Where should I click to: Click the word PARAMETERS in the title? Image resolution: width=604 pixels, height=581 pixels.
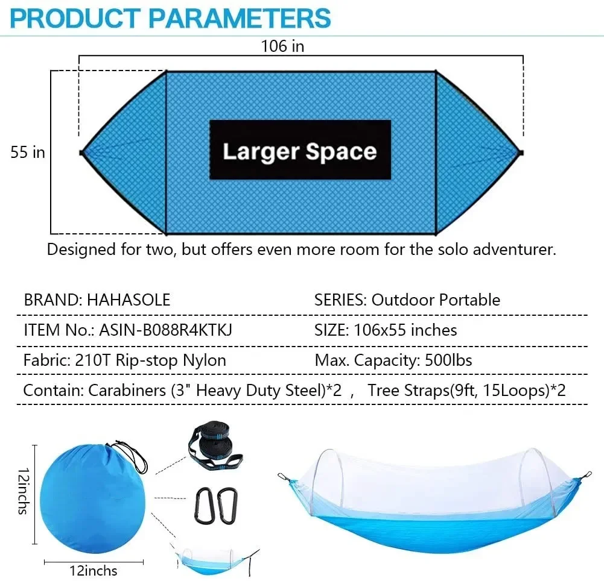[239, 17]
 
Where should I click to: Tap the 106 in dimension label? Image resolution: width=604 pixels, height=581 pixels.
[283, 46]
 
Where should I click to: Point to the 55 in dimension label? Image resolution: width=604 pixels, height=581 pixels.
[28, 152]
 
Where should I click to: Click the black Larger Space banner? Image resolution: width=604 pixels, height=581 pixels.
[300, 149]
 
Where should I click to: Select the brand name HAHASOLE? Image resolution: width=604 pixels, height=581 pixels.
[129, 300]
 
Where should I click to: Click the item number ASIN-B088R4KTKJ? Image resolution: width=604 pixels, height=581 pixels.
[166, 330]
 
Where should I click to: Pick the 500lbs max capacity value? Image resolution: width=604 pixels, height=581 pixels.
[448, 360]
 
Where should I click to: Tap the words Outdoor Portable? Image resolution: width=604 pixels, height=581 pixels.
[436, 300]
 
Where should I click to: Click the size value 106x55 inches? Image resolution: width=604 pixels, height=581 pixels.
[405, 330]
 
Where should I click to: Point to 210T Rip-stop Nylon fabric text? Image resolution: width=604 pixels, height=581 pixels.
[151, 360]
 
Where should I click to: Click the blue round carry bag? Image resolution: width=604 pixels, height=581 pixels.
[92, 499]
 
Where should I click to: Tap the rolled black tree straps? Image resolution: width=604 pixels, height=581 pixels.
[215, 447]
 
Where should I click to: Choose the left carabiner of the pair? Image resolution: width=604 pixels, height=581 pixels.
[204, 506]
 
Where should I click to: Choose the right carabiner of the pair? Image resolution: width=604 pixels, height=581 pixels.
[227, 506]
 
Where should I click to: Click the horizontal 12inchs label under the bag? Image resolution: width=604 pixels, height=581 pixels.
[93, 571]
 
